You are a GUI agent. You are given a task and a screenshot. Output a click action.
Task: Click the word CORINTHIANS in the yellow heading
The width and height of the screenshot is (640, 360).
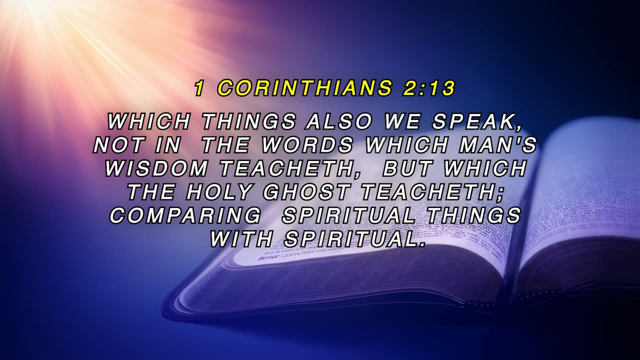click(304, 87)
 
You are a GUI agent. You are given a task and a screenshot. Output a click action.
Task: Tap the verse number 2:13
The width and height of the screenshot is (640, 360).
click(428, 87)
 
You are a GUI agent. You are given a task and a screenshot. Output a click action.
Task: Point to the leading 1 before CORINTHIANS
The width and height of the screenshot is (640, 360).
click(199, 87)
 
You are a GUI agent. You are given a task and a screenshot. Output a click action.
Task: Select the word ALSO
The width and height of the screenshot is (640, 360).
click(338, 121)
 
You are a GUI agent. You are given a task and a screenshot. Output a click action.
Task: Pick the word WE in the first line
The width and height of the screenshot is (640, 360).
click(401, 121)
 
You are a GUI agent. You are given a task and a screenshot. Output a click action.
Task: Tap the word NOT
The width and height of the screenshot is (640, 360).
click(118, 145)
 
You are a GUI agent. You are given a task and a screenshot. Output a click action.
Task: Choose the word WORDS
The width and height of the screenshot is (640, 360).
click(307, 145)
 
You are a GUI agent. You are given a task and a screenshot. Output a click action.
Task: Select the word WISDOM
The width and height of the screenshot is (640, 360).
click(156, 168)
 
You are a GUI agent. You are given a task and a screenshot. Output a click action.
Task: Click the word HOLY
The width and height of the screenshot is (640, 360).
click(219, 192)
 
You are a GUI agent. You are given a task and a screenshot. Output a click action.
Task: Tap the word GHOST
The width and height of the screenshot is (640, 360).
click(305, 192)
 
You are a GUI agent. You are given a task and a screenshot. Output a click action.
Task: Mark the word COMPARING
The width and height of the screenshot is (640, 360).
click(185, 215)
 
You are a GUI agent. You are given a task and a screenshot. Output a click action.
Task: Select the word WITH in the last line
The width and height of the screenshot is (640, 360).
click(240, 239)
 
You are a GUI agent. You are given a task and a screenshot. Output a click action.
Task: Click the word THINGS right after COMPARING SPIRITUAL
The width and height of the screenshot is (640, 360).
click(473, 215)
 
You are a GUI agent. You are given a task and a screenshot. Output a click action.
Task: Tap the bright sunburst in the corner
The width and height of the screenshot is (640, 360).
click(31, 11)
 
